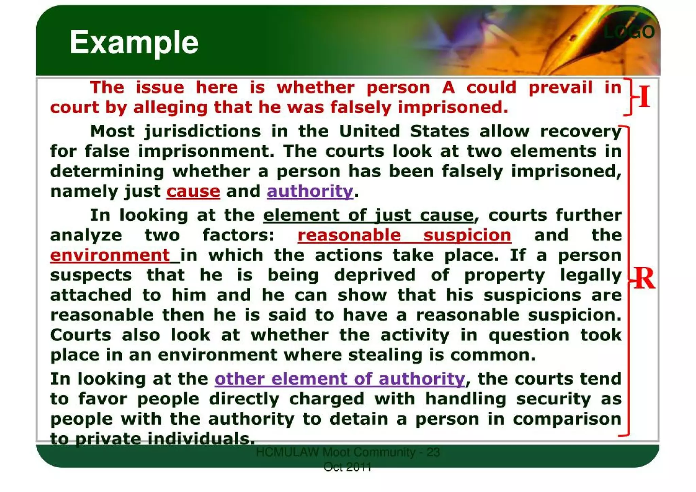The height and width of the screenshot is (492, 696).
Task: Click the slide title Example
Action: (x=134, y=42)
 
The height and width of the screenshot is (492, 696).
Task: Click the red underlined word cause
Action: (x=193, y=191)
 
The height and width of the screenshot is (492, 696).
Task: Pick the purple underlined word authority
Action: (x=310, y=191)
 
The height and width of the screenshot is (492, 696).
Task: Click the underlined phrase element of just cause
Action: (x=368, y=215)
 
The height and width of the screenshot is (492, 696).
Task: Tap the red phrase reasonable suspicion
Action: (x=404, y=235)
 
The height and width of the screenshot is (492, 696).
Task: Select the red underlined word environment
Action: (x=110, y=255)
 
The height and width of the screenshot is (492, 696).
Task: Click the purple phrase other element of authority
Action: (x=340, y=379)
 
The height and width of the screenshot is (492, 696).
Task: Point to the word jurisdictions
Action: (x=203, y=132)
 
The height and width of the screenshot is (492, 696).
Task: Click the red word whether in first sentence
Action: (x=316, y=88)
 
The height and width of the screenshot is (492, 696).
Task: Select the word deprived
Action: (x=375, y=275)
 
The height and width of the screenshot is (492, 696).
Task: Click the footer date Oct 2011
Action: (x=347, y=467)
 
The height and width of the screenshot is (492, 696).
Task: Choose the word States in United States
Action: (x=439, y=132)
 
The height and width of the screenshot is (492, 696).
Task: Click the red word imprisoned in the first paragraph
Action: (x=453, y=108)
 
